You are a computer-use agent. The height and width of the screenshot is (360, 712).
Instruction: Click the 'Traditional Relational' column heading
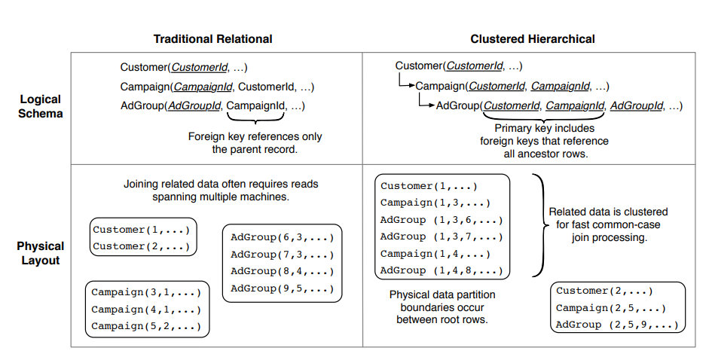click(x=212, y=38)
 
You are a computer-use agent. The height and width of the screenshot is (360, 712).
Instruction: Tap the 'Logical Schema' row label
click(x=41, y=106)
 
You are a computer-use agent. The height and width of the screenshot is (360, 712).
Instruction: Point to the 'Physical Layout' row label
click(x=40, y=253)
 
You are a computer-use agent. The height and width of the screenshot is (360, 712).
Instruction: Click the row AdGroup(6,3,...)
click(x=282, y=237)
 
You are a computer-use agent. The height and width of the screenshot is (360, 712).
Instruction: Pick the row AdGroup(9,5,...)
click(x=282, y=288)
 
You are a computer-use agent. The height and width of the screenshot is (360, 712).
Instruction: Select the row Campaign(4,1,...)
click(x=145, y=309)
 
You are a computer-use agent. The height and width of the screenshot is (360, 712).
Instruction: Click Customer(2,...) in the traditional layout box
click(x=142, y=246)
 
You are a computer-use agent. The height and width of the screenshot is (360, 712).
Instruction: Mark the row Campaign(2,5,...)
click(x=610, y=308)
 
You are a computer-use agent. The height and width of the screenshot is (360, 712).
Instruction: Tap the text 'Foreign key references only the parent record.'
click(x=255, y=143)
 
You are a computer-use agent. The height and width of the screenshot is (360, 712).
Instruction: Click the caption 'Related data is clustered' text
click(x=608, y=212)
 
